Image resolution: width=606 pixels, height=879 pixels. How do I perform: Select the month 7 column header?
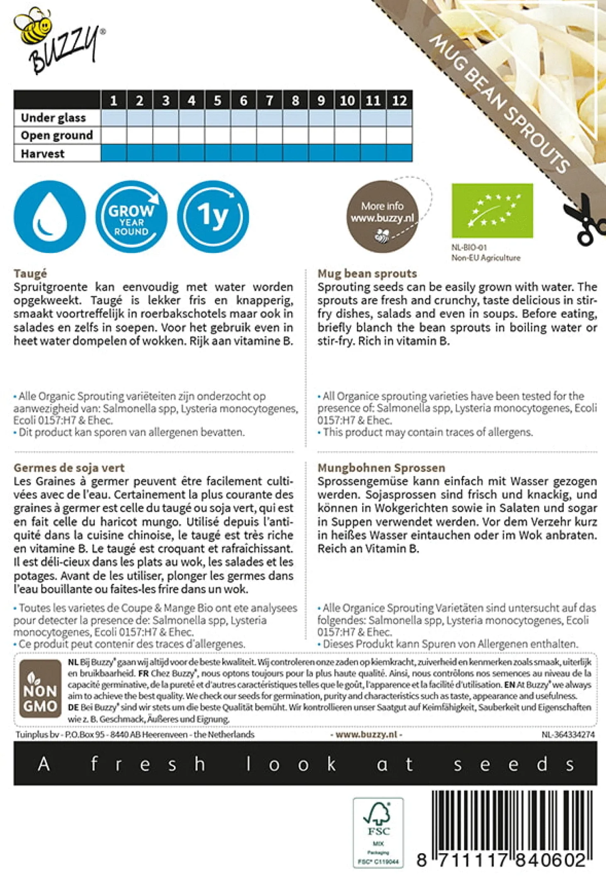click(x=269, y=100)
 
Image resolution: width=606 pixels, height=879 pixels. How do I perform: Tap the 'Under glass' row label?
click(x=54, y=118)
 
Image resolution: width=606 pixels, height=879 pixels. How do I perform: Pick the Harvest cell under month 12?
click(x=399, y=153)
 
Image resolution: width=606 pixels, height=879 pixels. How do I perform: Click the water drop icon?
click(x=50, y=216)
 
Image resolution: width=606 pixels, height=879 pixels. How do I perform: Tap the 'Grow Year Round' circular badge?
click(x=132, y=216)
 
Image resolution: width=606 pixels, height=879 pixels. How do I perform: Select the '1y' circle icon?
click(x=213, y=216)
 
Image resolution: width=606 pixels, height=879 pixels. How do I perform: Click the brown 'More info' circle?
click(x=382, y=216)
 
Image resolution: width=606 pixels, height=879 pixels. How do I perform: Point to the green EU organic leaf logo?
click(x=492, y=211)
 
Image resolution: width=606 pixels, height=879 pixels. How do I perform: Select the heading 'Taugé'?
click(x=30, y=274)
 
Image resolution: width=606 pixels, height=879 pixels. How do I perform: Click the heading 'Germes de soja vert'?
click(x=69, y=468)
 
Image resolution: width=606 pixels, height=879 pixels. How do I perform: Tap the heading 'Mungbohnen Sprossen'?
click(x=381, y=468)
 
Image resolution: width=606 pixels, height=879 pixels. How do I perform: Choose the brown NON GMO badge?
click(x=40, y=689)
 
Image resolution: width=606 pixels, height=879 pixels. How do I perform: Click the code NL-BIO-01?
click(x=469, y=248)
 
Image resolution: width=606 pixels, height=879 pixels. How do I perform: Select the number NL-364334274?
click(x=568, y=735)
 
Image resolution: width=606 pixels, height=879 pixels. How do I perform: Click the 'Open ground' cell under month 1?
click(x=114, y=135)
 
